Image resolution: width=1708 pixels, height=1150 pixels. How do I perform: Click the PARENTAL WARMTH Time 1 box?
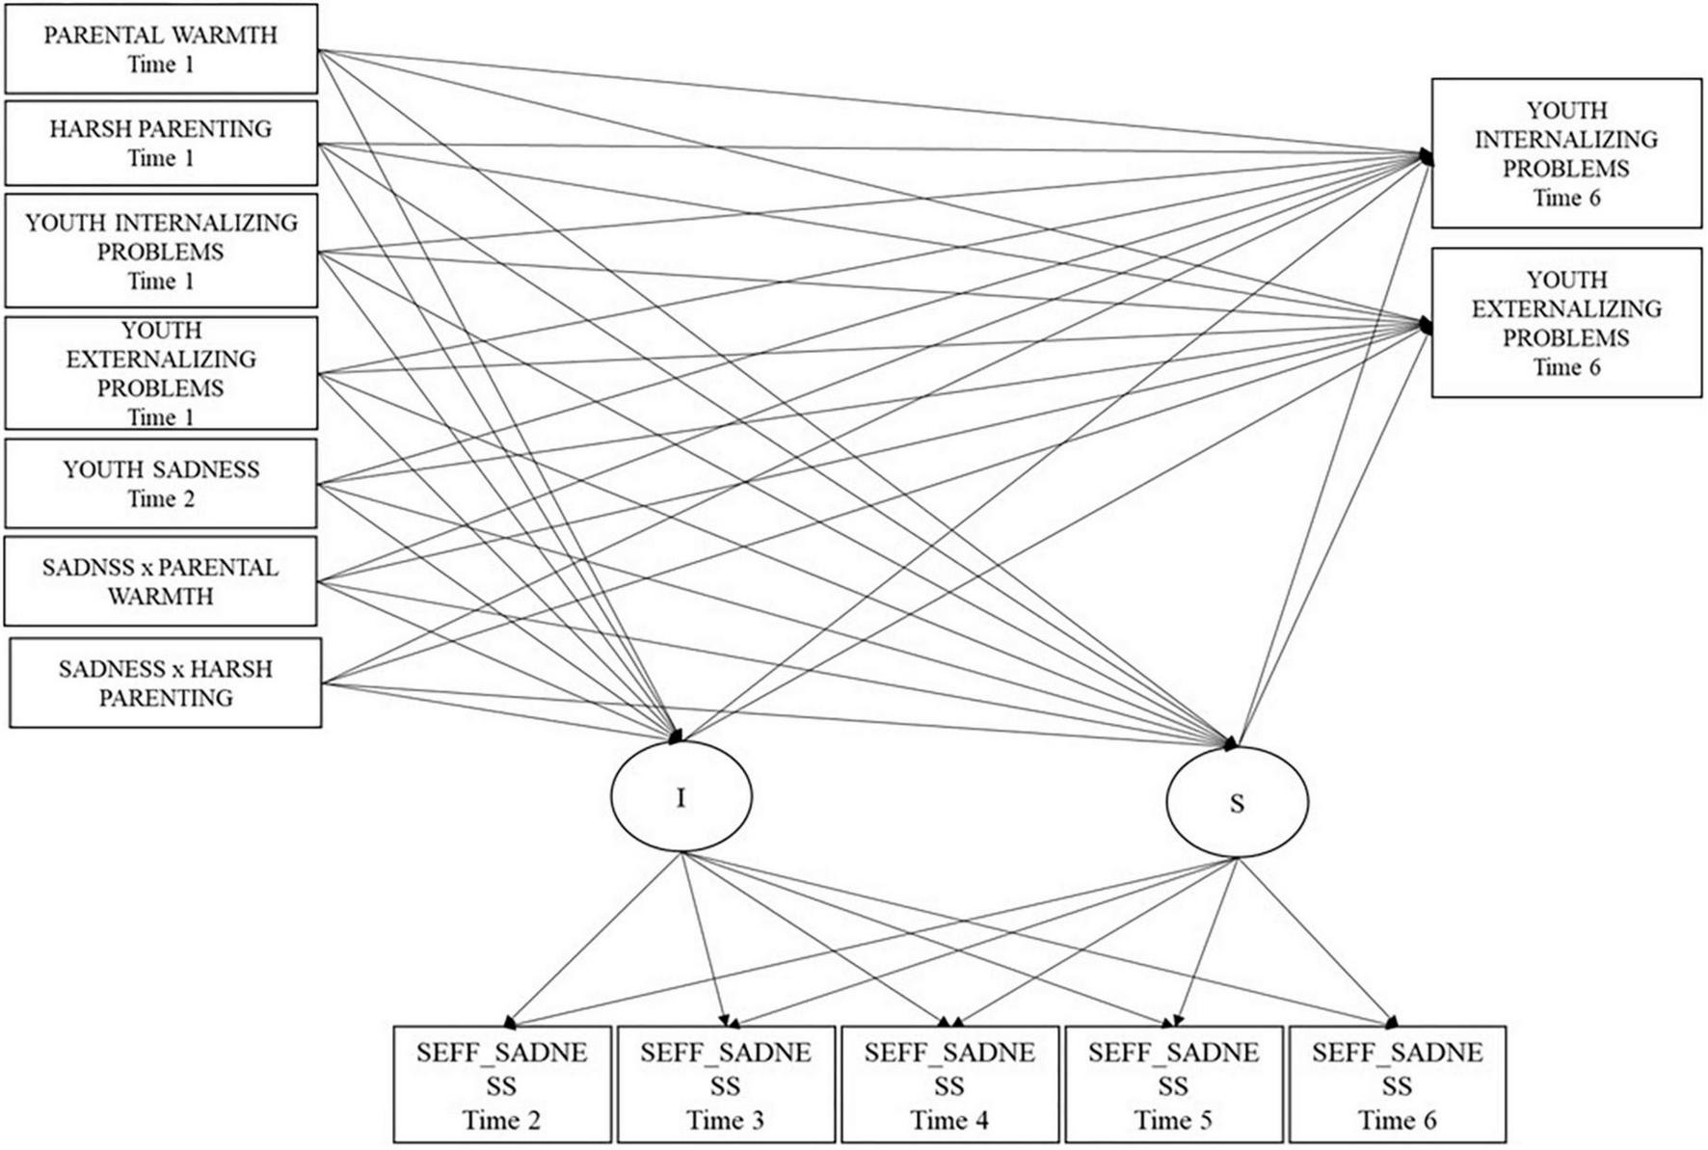click(x=161, y=49)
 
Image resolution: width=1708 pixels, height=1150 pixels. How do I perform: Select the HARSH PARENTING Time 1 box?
click(x=161, y=143)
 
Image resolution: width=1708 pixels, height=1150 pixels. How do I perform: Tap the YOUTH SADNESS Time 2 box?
click(x=161, y=484)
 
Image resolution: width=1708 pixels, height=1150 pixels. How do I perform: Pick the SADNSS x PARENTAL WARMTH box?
click(x=161, y=581)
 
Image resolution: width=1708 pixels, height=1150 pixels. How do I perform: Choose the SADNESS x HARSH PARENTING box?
click(x=165, y=682)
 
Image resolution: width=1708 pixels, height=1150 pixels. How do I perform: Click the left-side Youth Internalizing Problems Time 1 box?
click(x=161, y=251)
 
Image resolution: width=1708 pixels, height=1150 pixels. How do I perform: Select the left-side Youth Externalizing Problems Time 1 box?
click(x=161, y=373)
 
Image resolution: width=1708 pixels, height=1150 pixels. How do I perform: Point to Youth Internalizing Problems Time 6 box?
click(x=1565, y=153)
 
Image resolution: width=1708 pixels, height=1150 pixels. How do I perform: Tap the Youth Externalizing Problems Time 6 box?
click(x=1565, y=322)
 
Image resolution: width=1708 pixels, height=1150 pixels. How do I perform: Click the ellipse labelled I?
click(x=681, y=797)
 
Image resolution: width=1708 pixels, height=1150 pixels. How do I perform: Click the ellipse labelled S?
click(x=1237, y=802)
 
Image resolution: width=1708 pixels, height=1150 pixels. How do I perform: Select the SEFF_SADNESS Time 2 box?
click(x=501, y=1084)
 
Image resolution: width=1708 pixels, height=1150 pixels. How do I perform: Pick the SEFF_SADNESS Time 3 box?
click(x=725, y=1084)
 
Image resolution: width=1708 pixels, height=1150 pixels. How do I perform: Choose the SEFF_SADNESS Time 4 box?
click(x=949, y=1084)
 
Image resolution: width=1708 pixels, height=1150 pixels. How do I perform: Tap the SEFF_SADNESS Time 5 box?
click(x=1173, y=1084)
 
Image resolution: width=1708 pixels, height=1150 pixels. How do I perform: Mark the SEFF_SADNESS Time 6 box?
click(x=1397, y=1084)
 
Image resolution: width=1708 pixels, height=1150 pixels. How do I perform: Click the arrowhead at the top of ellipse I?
click(x=676, y=736)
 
